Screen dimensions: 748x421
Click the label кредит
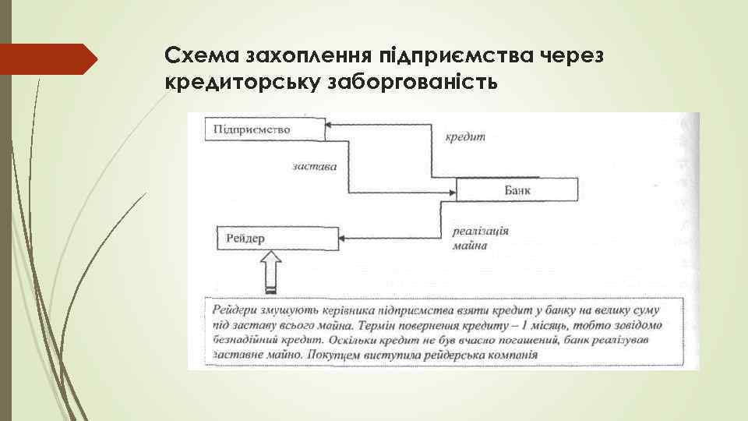[464, 136]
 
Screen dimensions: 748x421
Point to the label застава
[316, 167]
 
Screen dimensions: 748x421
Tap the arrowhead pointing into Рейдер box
[347, 238]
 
